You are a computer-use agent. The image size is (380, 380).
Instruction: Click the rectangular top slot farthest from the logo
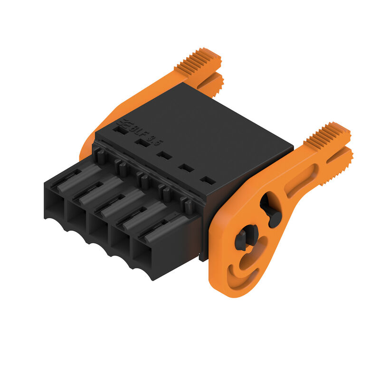208,180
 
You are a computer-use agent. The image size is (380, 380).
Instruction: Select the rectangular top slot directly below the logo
121,130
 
